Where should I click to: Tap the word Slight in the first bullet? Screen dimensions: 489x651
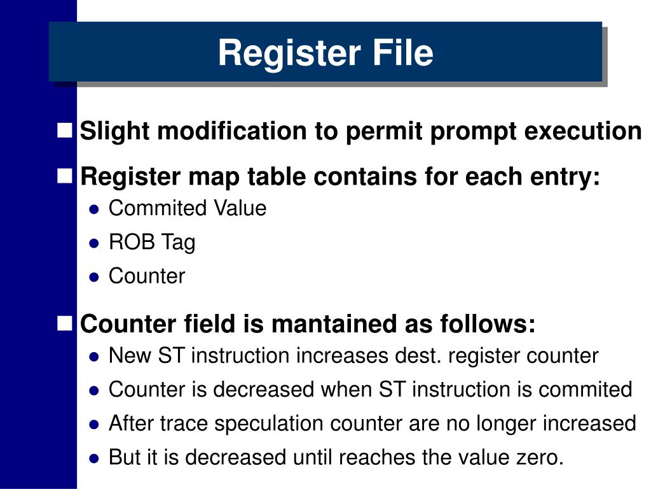coord(114,132)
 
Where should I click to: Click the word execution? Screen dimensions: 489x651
coord(583,132)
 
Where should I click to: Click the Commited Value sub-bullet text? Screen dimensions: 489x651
coord(188,208)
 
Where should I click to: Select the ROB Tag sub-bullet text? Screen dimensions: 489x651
coord(152,243)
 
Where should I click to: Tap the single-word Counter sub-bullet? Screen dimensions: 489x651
coord(147,276)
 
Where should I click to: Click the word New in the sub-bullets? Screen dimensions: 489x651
coord(128,356)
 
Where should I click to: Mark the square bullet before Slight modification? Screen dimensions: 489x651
coord(64,131)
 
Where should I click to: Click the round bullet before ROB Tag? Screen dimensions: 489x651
coord(94,243)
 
